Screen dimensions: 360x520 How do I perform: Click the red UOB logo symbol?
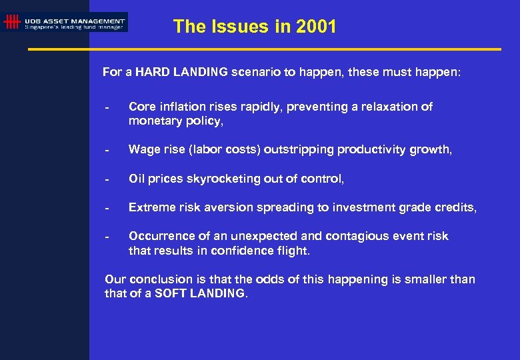(x=11, y=22)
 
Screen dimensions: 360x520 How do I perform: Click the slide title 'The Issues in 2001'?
(x=255, y=27)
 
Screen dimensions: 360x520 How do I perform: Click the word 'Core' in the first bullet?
(x=141, y=107)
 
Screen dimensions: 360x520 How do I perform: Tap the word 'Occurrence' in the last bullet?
(x=158, y=236)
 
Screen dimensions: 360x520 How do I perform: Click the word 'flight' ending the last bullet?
(x=294, y=251)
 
